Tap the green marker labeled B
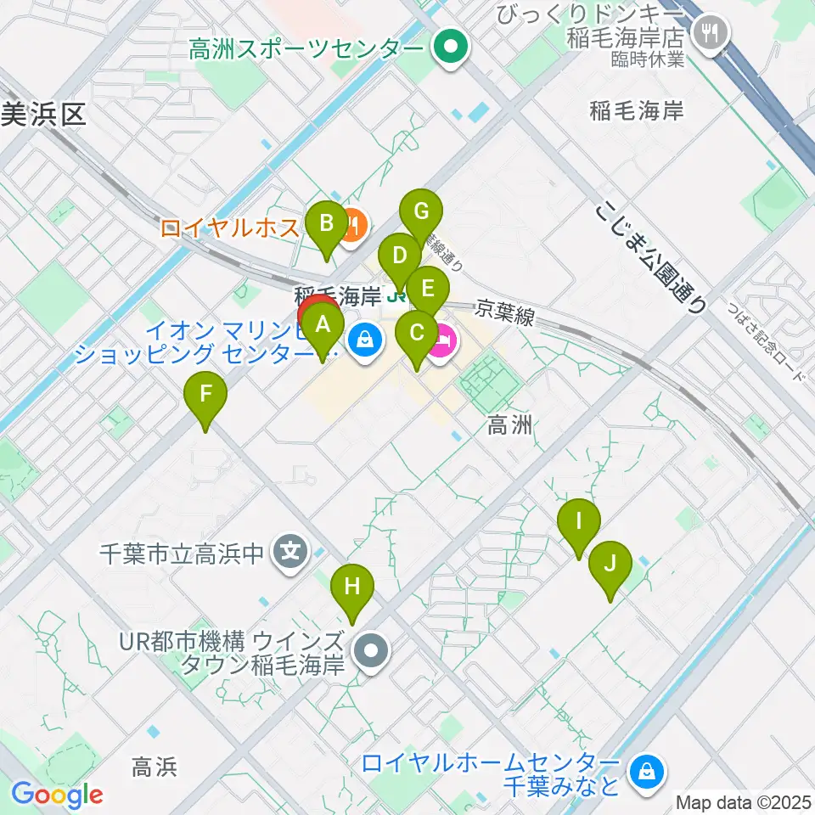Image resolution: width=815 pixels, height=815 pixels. point(326,226)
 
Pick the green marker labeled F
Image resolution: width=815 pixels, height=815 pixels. point(205,396)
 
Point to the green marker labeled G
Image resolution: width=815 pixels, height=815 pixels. point(422,212)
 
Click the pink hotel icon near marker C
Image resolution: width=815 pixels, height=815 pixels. point(443,343)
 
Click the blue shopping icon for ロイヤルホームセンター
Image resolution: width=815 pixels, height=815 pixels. point(647,771)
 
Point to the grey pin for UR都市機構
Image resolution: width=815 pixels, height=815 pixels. point(371,652)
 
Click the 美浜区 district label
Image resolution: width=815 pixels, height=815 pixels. point(44,115)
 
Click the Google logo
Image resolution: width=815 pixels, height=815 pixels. point(57,795)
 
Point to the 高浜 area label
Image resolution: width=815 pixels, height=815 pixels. point(155,767)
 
